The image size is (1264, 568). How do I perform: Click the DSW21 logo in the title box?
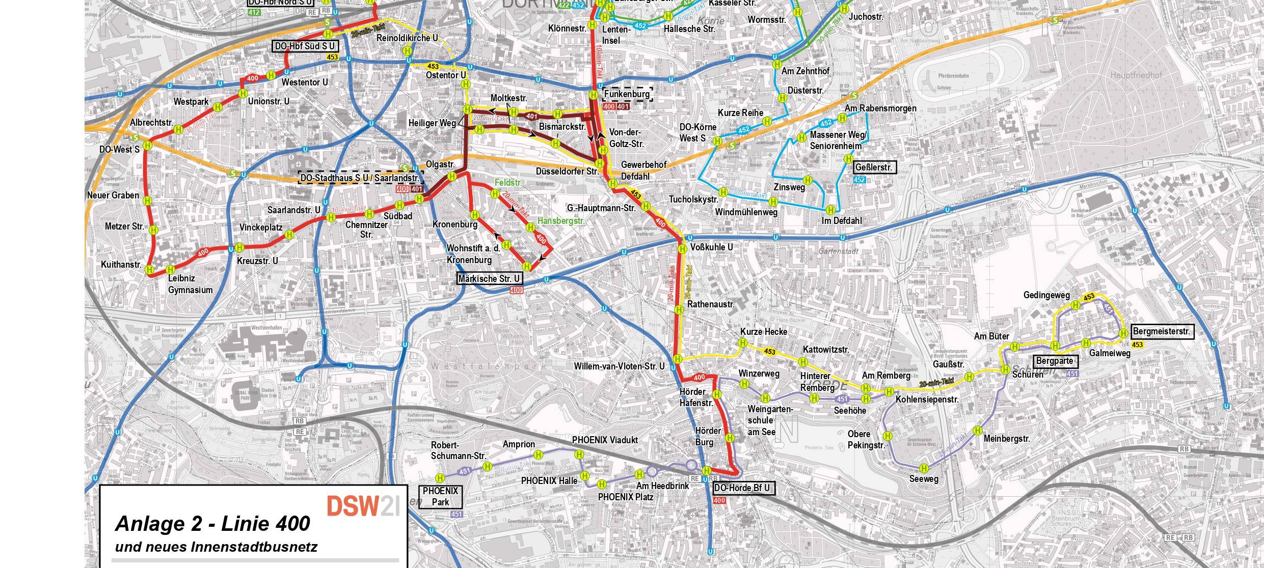(363, 505)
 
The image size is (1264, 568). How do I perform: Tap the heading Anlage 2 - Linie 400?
(212, 524)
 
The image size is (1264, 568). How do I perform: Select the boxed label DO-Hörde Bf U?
(743, 488)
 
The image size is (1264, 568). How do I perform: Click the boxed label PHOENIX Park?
(440, 497)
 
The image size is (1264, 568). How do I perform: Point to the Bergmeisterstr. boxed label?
(1162, 332)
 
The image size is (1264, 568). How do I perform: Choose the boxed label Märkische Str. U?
(490, 278)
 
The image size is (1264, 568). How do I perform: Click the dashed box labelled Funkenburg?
(627, 94)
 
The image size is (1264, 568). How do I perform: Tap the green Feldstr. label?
(508, 182)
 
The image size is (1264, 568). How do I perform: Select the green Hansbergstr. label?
(561, 221)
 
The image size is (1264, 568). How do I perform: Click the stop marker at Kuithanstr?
(150, 270)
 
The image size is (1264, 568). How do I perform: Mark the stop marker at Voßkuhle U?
(682, 249)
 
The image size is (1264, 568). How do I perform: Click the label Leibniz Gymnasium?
(190, 284)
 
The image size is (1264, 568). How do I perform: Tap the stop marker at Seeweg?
(924, 468)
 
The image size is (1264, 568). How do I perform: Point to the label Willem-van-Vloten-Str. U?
(619, 366)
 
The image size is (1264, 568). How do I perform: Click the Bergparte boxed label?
(1056, 361)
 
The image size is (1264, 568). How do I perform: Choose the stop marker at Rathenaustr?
(679, 309)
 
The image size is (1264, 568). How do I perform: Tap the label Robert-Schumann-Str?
(458, 450)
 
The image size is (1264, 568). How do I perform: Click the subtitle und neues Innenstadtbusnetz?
(216, 547)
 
